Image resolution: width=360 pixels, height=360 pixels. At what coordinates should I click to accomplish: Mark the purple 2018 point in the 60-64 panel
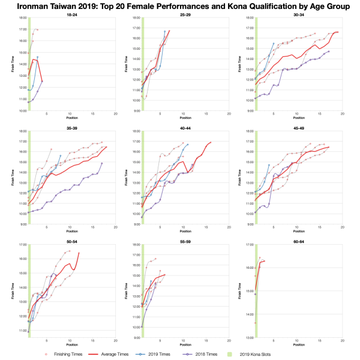click(256, 294)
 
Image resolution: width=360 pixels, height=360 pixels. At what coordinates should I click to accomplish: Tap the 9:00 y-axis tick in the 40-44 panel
click(136, 224)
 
